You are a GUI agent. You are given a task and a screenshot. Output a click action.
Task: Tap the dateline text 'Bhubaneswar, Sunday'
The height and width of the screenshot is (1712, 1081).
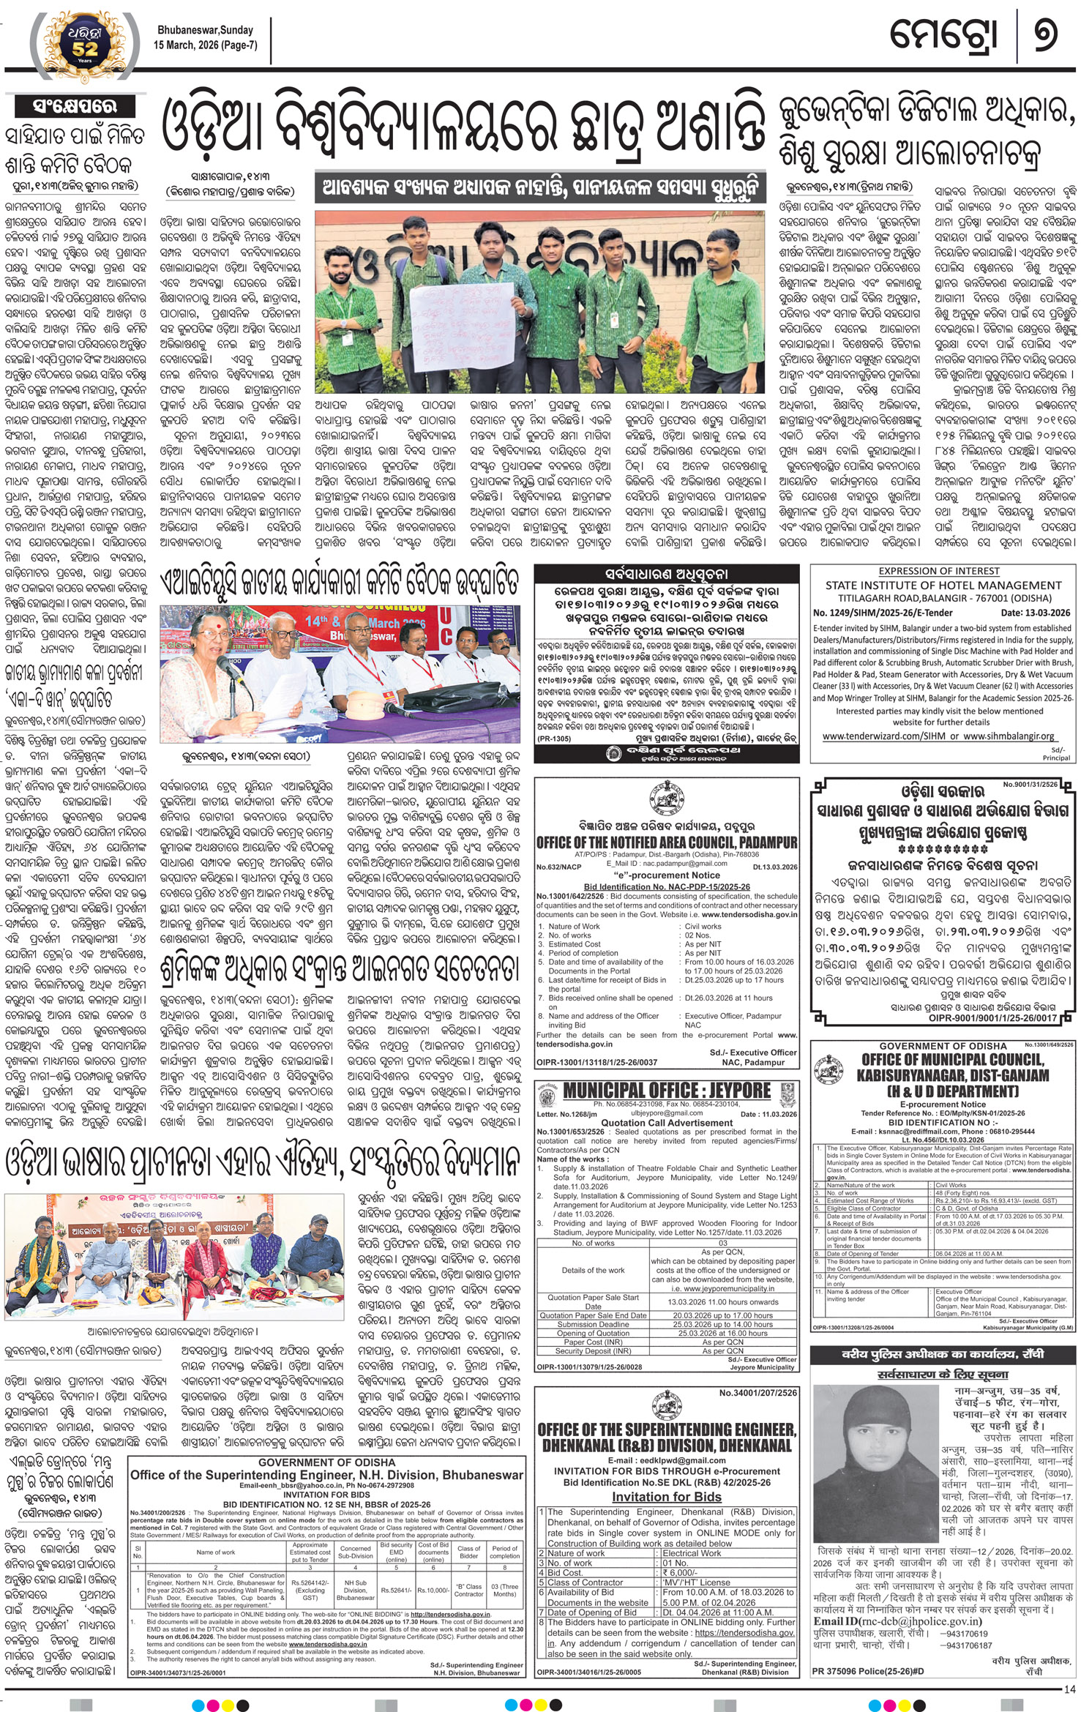coord(205,30)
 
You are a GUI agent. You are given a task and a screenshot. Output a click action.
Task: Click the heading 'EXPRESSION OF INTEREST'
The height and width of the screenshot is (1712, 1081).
coord(939,571)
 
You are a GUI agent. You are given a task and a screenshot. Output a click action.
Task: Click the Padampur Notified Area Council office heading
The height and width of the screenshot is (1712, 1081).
coord(666,842)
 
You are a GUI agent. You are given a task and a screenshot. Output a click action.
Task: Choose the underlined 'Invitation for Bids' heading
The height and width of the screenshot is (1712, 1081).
coord(666,1497)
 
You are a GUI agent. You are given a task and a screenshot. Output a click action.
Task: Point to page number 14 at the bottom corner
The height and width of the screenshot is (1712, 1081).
coord(1069,1689)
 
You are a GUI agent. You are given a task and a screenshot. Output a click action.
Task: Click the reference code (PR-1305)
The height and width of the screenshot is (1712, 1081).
coord(554,739)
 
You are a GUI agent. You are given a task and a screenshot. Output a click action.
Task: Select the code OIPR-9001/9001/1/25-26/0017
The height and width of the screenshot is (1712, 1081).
coord(992,1017)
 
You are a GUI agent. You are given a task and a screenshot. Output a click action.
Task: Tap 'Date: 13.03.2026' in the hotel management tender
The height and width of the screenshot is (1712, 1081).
coord(1035,613)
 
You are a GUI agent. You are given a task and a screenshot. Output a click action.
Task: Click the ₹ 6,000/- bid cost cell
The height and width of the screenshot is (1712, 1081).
coord(680,1572)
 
